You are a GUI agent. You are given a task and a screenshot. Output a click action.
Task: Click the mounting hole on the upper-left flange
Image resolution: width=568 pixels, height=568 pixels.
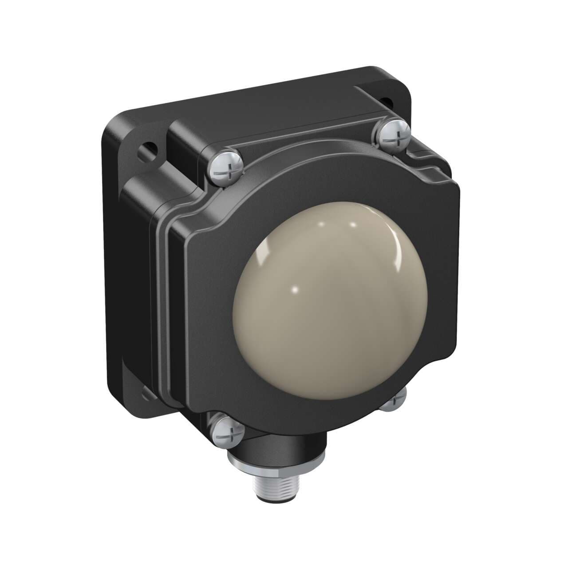148,149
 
